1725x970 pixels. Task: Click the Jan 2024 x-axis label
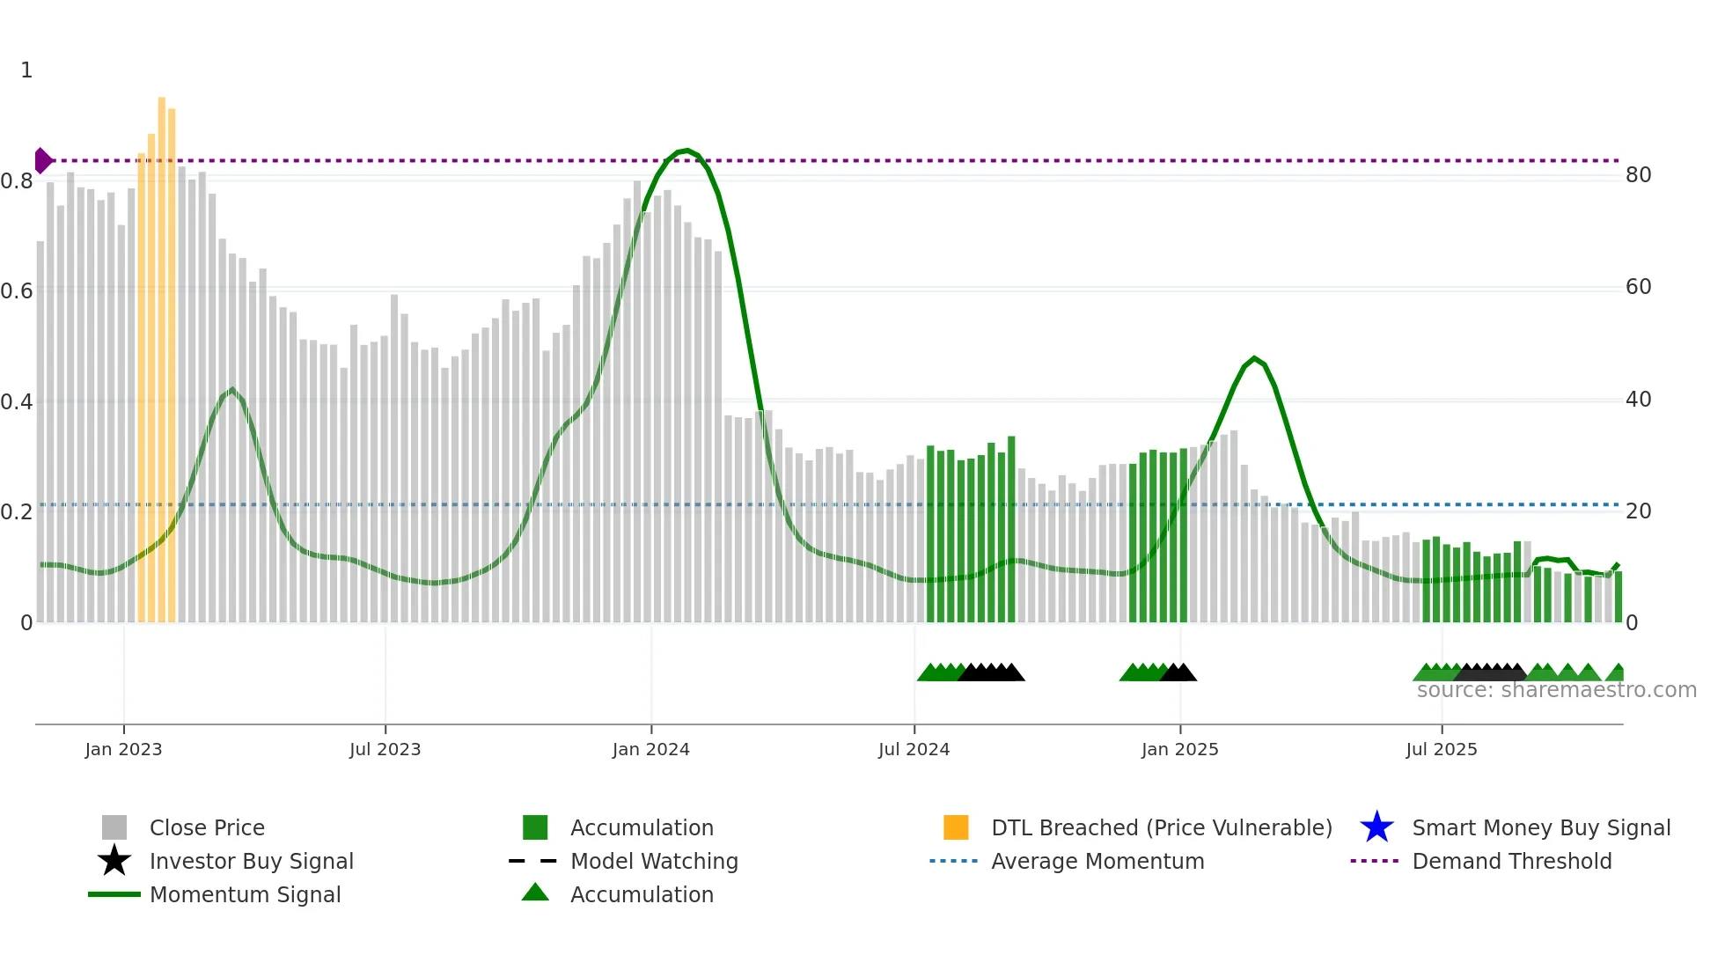(650, 749)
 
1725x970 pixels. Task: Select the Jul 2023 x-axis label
(385, 749)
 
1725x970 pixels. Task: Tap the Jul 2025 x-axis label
(1441, 749)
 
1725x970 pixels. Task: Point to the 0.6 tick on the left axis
(17, 290)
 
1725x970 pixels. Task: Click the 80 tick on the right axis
(1638, 175)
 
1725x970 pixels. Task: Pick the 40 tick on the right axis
(1638, 400)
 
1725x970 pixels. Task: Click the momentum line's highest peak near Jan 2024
(686, 151)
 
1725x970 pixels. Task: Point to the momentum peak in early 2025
(1254, 358)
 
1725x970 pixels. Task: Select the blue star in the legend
(1376, 827)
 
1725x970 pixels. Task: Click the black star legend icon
(114, 861)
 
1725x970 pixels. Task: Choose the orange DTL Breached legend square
(956, 827)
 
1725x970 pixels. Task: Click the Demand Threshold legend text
(1511, 861)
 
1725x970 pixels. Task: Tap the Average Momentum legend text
(1097, 861)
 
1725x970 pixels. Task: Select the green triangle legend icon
(535, 893)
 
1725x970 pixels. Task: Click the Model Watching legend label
(654, 861)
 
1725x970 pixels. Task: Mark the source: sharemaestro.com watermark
(1556, 690)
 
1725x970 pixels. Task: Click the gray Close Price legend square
(114, 827)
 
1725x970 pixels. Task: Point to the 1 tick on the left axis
(26, 70)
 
